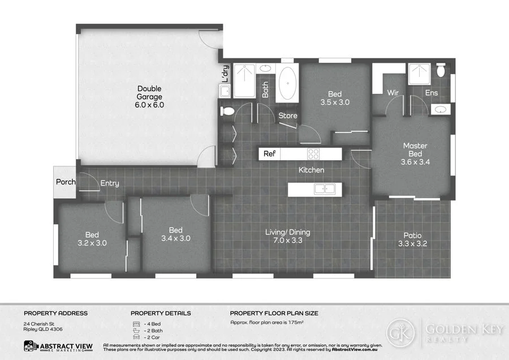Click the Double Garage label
coord(149,97)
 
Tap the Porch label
coord(65,182)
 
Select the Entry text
coord(110,183)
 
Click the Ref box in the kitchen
coord(269,153)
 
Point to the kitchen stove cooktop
coord(313,153)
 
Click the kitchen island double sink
coord(324,189)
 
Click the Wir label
coord(394,93)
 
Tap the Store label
coord(288,116)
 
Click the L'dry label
coord(225,75)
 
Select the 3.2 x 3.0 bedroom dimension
coord(92,243)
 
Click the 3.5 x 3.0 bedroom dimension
coord(335,103)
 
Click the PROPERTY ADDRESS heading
coord(55,313)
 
